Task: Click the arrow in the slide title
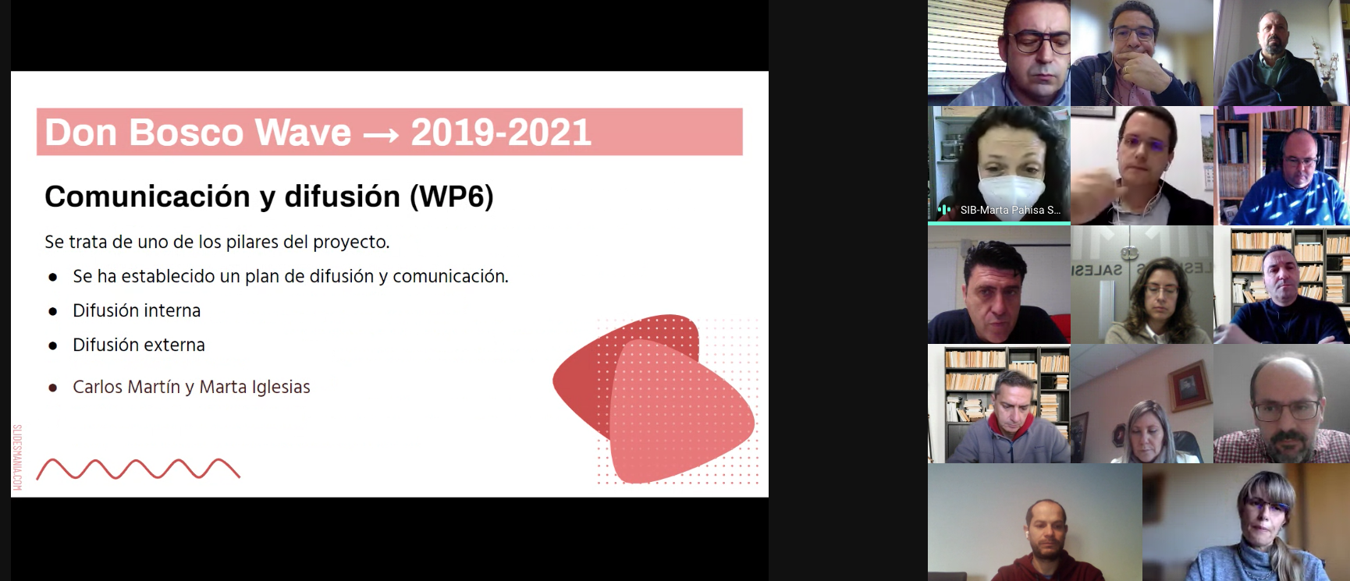pyautogui.click(x=382, y=135)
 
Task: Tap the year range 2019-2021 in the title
pyautogui.click(x=501, y=133)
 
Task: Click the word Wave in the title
pyautogui.click(x=303, y=133)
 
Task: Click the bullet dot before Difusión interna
pyautogui.click(x=53, y=311)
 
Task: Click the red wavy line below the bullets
pyautogui.click(x=138, y=469)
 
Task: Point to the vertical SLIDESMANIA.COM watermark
pyautogui.click(x=17, y=458)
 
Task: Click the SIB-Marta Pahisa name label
pyautogui.click(x=1010, y=210)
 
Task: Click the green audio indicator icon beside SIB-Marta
pyautogui.click(x=944, y=210)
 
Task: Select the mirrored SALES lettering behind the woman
pyautogui.click(x=1096, y=270)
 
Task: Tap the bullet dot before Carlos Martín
pyautogui.click(x=53, y=388)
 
